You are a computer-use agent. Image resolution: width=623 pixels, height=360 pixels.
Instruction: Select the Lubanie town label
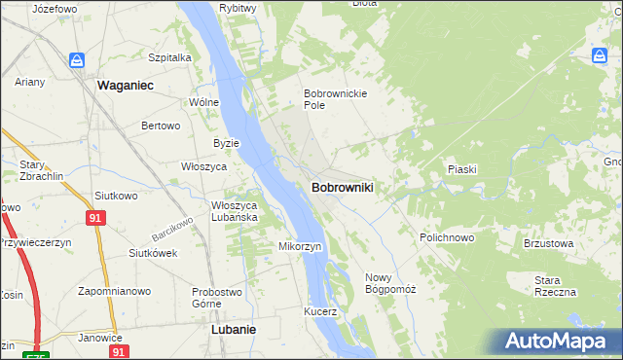(234, 329)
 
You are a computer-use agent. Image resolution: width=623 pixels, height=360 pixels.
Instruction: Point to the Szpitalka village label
(169, 57)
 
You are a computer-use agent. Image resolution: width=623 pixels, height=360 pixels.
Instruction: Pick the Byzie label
(226, 143)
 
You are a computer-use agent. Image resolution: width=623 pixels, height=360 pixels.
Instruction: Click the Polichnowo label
(447, 237)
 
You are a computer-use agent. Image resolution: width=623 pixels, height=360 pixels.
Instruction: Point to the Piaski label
(461, 169)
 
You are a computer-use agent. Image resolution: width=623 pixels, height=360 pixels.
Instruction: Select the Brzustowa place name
(545, 243)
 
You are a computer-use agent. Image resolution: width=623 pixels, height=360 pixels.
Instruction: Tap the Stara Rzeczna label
(555, 286)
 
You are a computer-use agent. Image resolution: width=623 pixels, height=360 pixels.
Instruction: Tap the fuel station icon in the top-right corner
(598, 55)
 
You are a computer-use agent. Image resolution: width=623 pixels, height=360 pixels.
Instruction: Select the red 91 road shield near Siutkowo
(94, 219)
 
